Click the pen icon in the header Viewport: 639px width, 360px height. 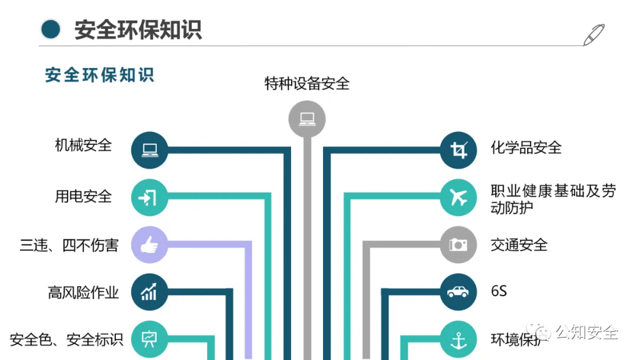point(593,34)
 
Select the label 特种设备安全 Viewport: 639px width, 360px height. point(306,83)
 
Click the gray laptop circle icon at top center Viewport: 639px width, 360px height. point(306,119)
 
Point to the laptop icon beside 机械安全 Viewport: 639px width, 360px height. point(149,149)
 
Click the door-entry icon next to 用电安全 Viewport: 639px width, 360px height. point(149,197)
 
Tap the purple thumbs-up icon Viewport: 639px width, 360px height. point(149,245)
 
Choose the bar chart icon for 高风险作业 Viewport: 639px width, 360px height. point(149,291)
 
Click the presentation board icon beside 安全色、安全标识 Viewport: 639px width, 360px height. point(149,339)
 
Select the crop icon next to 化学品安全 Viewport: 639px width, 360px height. point(459,149)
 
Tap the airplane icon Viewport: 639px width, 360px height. point(459,197)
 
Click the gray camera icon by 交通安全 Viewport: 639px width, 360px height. point(459,245)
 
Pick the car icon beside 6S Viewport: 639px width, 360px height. point(459,291)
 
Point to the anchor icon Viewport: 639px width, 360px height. point(459,339)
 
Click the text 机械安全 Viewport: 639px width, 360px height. point(83,145)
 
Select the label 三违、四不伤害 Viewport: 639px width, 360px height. point(69,245)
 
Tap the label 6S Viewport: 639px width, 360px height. point(499,291)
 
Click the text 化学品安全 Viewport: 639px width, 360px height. point(526,147)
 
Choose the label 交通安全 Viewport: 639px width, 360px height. point(519,245)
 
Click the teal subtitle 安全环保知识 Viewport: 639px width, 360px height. point(99,75)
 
